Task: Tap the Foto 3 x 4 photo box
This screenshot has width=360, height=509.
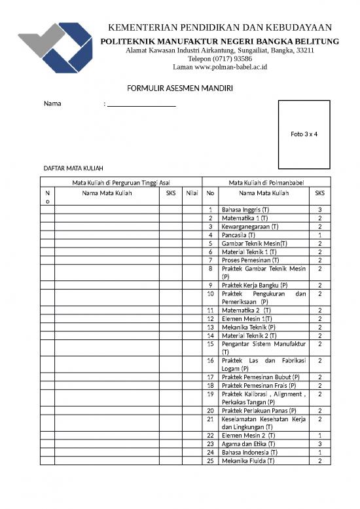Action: pos(304,134)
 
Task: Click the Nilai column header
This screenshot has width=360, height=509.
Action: pos(192,193)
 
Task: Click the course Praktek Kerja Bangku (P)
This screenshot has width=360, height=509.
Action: pos(255,285)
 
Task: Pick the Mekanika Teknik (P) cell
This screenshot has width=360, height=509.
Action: pos(249,327)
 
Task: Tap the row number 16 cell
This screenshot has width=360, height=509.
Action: pos(211,360)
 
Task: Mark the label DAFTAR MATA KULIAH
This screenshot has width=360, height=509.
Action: pos(73,168)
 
